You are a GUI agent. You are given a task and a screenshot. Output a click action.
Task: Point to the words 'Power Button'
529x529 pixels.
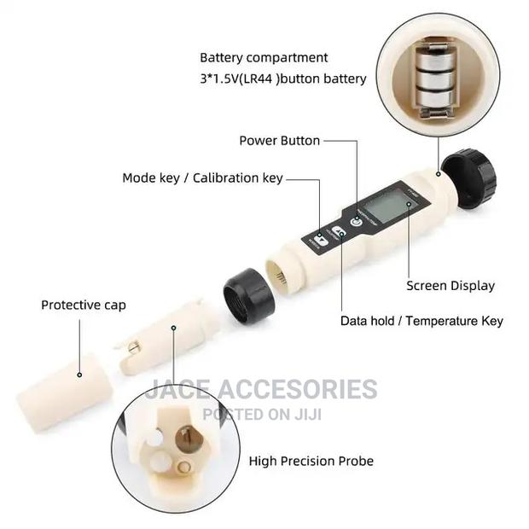tap(279, 141)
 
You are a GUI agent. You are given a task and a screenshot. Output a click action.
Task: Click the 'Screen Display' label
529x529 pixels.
tap(450, 286)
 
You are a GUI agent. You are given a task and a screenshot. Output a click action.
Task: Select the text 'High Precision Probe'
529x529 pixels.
tap(311, 461)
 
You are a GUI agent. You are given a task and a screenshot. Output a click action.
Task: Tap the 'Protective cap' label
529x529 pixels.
tap(84, 305)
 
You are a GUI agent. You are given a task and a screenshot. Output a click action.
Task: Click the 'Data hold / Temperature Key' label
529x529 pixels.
tap(421, 321)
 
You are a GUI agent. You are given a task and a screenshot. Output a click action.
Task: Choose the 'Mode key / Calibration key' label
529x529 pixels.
tap(202, 177)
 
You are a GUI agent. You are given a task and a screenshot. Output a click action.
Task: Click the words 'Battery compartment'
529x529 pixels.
tap(264, 58)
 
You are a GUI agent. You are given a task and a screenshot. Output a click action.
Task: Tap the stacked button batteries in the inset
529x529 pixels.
tap(433, 79)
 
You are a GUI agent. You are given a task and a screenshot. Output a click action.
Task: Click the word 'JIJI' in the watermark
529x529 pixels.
tap(322, 414)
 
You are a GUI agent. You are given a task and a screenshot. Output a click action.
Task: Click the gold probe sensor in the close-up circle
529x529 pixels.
tap(185, 442)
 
